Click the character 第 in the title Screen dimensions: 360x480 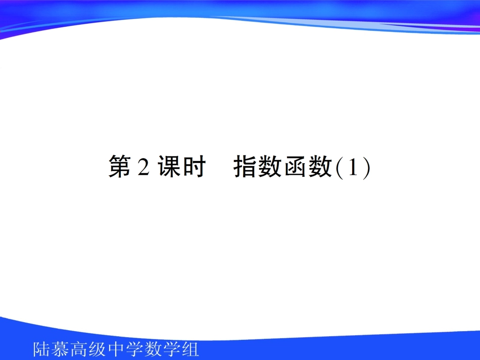click(120, 167)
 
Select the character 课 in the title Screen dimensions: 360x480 click(167, 167)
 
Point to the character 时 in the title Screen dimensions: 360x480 click(192, 167)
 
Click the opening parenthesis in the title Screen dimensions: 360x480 click(339, 168)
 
